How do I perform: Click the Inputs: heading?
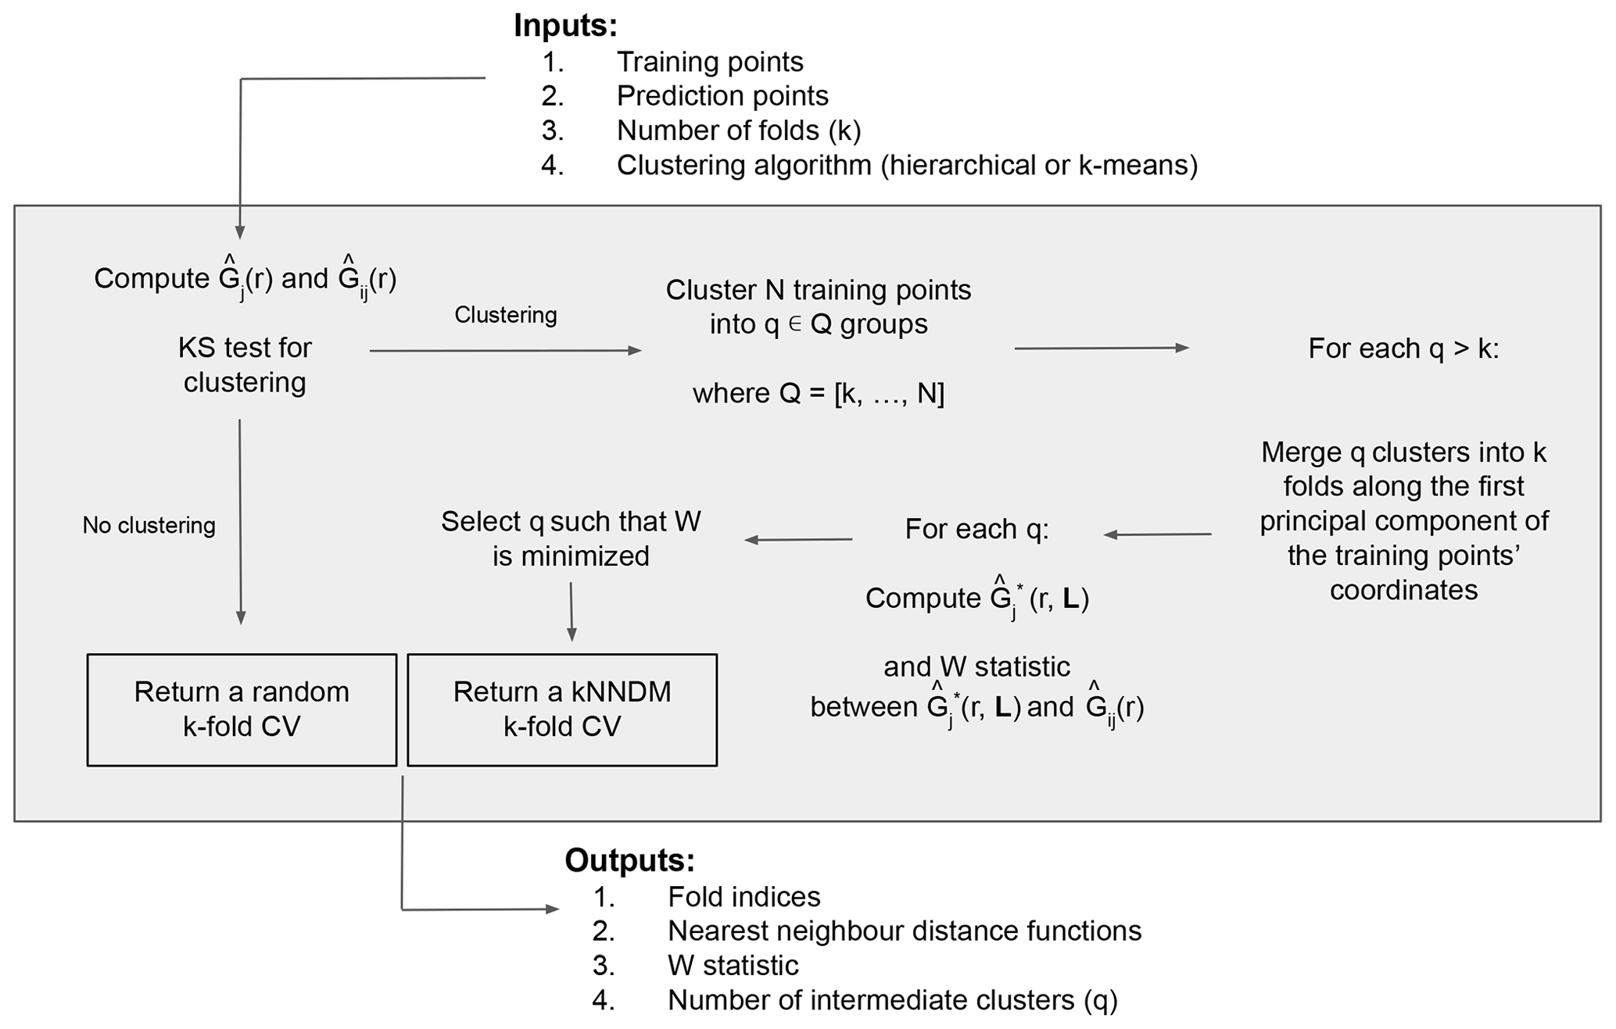(x=565, y=26)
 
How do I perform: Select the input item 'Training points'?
(x=710, y=62)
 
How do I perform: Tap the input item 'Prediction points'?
(x=722, y=96)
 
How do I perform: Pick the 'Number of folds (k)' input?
(x=739, y=130)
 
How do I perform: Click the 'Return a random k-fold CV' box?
(x=242, y=709)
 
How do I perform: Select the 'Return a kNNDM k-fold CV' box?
(x=562, y=709)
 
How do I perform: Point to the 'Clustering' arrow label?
(x=506, y=315)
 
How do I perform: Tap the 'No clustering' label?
(x=149, y=525)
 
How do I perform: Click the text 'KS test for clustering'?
(x=245, y=365)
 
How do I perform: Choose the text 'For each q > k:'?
(x=1403, y=348)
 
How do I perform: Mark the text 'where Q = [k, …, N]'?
(x=819, y=393)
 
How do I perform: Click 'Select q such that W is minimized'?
(x=571, y=538)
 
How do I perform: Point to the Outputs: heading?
(x=629, y=860)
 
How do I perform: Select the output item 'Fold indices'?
(x=744, y=897)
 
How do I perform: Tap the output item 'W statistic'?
(x=733, y=966)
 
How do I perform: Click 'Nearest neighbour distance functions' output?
(x=905, y=931)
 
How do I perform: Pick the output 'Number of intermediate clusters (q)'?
(x=893, y=1000)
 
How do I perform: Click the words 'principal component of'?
(x=1403, y=521)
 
